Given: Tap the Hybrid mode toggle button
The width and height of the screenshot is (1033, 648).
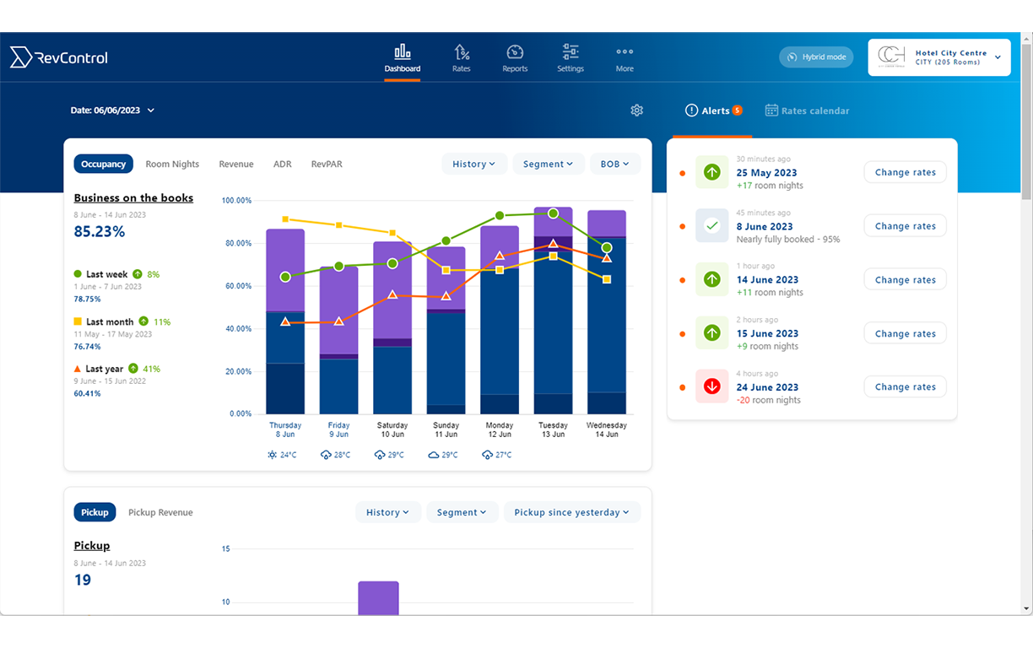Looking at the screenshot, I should click(816, 57).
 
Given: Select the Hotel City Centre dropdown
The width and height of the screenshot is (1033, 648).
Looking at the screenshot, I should click(939, 57).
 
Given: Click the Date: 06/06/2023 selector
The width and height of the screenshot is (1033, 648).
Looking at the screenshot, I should click(112, 111).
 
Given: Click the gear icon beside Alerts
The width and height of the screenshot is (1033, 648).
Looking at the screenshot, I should click(637, 111).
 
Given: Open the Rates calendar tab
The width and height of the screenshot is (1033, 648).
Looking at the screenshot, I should click(807, 111).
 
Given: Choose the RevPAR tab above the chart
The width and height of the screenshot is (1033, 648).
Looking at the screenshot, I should click(327, 165).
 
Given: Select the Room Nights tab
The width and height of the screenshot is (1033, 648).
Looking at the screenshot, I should click(172, 165).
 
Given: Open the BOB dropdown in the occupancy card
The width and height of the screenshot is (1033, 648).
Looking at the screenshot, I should click(614, 164).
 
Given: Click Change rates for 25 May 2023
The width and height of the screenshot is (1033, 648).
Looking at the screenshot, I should click(905, 172).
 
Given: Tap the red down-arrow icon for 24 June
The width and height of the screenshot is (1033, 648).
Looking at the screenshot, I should click(711, 386).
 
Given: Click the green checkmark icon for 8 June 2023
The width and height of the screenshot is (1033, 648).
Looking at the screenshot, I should click(711, 226).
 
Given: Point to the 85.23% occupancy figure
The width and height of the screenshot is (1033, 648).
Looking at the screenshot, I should click(100, 231).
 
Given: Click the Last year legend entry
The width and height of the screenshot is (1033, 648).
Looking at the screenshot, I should click(105, 369).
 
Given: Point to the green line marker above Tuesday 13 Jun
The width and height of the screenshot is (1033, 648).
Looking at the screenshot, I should click(553, 213).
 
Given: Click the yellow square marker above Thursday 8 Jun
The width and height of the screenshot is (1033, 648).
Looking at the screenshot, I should click(285, 219).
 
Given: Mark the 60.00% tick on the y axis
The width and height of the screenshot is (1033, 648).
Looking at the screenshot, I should click(236, 286).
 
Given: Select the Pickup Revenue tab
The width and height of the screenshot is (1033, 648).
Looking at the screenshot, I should click(160, 512).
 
